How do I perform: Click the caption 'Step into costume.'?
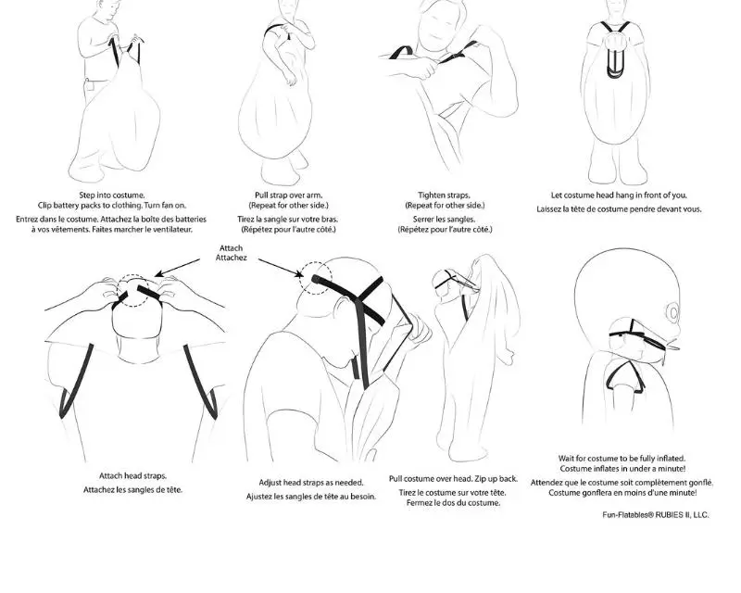[x=112, y=195]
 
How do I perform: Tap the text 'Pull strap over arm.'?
[x=288, y=195]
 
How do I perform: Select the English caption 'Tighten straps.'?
[x=445, y=195]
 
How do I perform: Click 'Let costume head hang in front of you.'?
[x=619, y=195]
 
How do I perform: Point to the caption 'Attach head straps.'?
[x=132, y=475]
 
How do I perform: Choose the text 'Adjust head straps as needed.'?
[x=311, y=483]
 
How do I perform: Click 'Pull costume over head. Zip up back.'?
[x=453, y=478]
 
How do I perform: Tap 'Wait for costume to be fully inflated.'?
[x=622, y=459]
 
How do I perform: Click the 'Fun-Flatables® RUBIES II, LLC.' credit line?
[x=656, y=515]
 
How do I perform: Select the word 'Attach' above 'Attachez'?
[x=231, y=247]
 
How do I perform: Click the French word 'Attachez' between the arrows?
[x=231, y=258]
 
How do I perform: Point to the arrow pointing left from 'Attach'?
[x=178, y=267]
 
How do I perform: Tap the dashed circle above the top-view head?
[x=133, y=275]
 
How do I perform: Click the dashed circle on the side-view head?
[x=299, y=279]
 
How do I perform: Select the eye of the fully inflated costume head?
[x=673, y=312]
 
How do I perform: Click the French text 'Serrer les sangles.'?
[x=445, y=219]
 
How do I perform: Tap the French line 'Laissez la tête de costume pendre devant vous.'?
[x=619, y=209]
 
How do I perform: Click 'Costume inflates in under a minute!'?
[x=622, y=469]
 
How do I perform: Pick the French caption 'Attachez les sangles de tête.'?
[x=132, y=490]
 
